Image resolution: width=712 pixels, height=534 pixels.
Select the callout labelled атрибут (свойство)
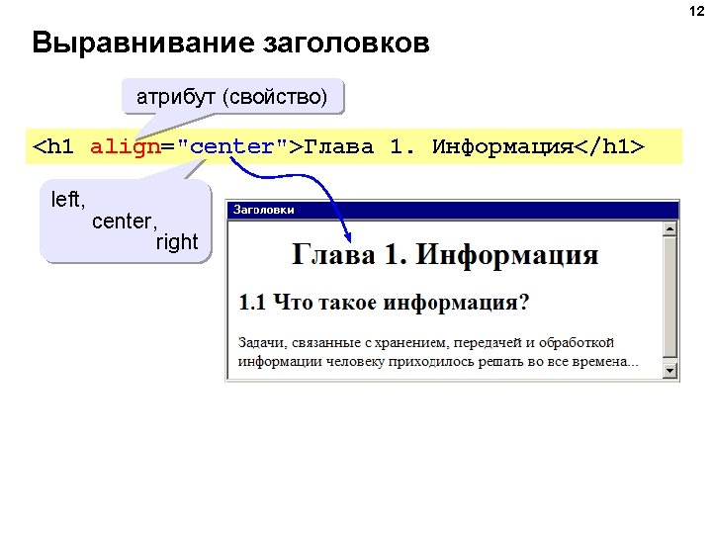tap(232, 98)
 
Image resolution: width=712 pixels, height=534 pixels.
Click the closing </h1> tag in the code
tap(609, 147)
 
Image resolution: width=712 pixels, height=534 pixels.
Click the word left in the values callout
tap(67, 200)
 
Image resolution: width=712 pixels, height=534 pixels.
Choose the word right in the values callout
tap(177, 242)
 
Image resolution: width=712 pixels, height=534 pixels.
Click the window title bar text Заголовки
tap(263, 210)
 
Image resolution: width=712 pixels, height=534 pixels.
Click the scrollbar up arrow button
tap(670, 229)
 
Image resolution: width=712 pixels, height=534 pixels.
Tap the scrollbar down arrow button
tap(670, 371)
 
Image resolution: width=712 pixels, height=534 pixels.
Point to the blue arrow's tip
tap(350, 240)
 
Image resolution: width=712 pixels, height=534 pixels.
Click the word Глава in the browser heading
tap(334, 255)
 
